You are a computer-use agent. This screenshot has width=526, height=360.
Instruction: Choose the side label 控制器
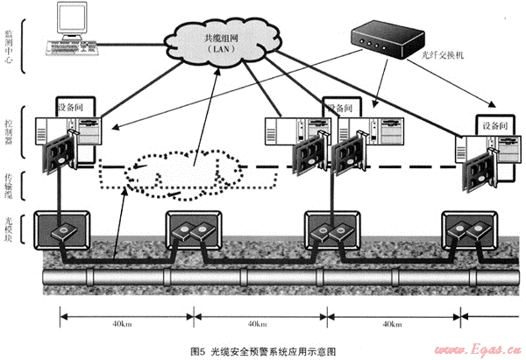coord(25,131)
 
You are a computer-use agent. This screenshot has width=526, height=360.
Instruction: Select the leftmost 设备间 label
coord(75,106)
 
